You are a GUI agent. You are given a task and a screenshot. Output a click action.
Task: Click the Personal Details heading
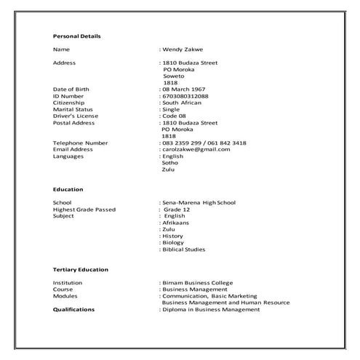(77, 36)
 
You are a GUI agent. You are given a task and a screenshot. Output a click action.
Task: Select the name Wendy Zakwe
(184, 49)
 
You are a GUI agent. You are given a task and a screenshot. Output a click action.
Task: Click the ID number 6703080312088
(185, 96)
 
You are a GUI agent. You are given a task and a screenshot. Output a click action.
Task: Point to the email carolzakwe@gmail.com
(196, 149)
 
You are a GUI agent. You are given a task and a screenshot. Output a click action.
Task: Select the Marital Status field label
(75, 109)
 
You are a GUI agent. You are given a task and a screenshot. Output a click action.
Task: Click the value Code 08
(175, 116)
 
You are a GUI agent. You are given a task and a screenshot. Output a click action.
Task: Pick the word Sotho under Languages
(169, 163)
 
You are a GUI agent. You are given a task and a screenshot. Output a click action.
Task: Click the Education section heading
(68, 189)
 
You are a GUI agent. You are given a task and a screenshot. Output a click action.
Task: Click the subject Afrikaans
(175, 223)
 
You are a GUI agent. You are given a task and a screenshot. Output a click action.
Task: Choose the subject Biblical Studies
(184, 249)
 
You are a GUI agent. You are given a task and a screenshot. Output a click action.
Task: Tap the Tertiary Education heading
(81, 269)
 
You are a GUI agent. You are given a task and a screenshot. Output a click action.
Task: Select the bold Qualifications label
(74, 309)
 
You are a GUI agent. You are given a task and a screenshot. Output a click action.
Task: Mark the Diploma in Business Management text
(211, 309)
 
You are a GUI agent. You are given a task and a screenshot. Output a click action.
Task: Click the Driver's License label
(76, 116)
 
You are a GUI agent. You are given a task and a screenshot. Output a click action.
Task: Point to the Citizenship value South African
(182, 103)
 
